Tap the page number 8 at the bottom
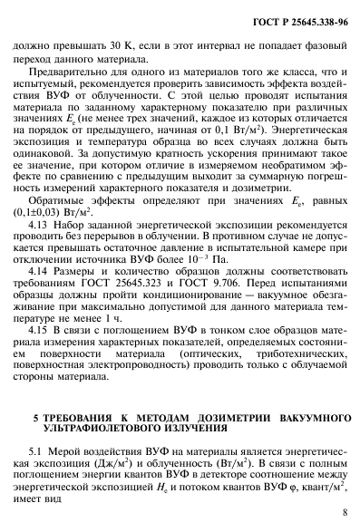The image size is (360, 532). [x=345, y=518]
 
